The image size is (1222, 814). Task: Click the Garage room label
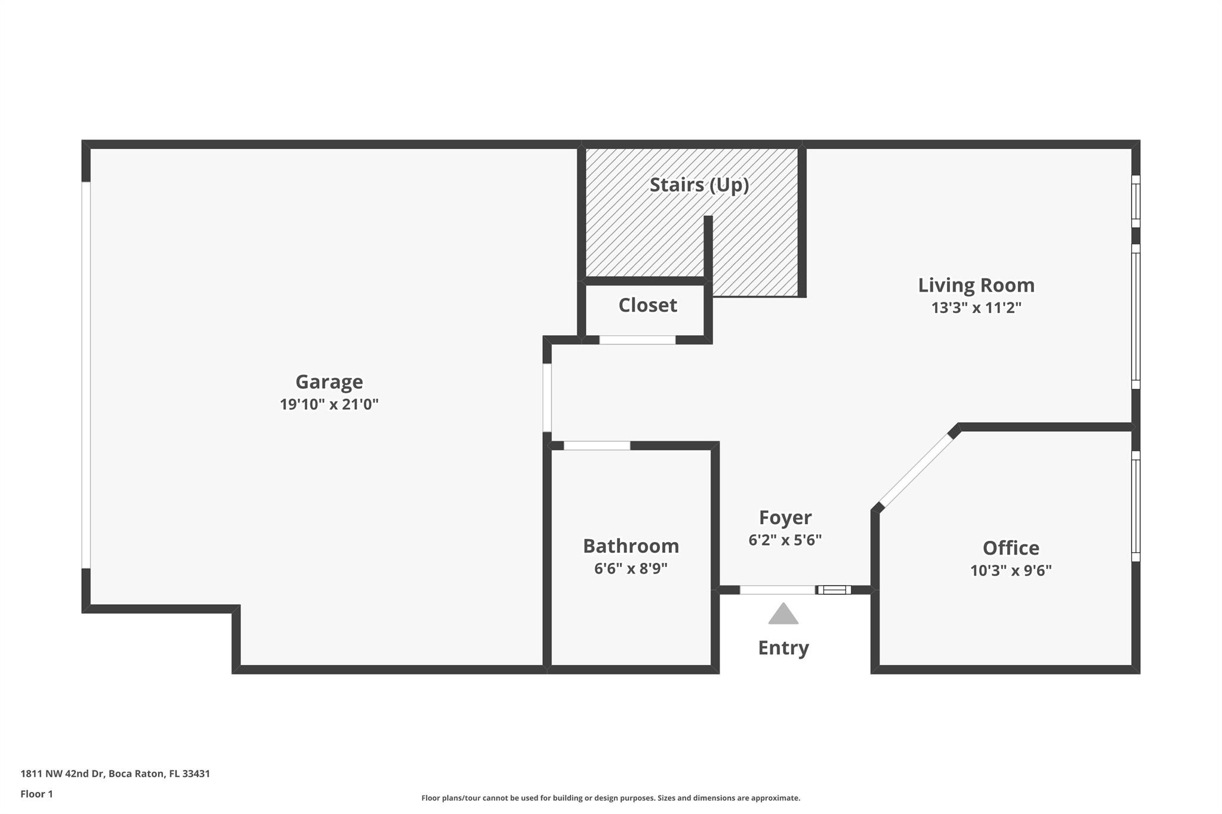[329, 382]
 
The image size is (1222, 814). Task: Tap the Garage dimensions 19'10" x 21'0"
[329, 404]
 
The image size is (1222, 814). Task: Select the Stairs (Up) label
[699, 185]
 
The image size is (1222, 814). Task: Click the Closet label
[647, 305]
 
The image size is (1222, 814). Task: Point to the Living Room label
[976, 285]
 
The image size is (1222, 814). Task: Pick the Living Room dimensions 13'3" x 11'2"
[976, 308]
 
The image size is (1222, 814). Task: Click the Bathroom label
[631, 546]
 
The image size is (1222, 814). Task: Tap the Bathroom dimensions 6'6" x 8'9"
[631, 568]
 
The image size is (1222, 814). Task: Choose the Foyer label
[785, 518]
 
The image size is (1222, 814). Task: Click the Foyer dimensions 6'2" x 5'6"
[785, 540]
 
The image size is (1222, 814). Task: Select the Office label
[1011, 548]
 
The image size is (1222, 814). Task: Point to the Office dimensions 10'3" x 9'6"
[1011, 571]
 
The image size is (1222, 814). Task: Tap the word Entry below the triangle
[783, 648]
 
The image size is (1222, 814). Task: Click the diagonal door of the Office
[916, 470]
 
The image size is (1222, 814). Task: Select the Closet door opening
[637, 340]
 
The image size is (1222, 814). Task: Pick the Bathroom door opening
[597, 445]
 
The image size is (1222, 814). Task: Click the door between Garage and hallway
[547, 398]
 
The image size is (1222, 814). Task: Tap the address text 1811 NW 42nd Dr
[62, 774]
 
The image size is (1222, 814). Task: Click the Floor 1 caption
[37, 794]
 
